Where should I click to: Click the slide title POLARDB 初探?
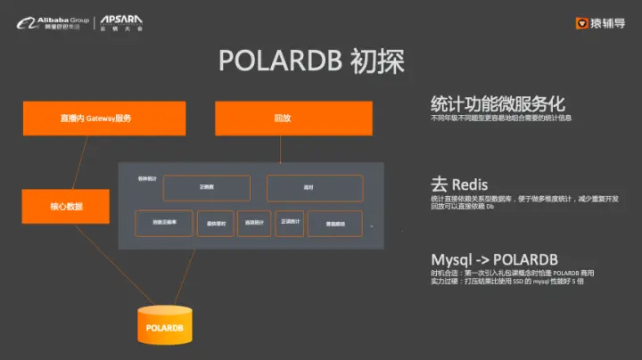pyautogui.click(x=311, y=61)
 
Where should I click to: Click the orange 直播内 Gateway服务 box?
pyautogui.click(x=104, y=119)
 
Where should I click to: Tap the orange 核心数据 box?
pyautogui.click(x=66, y=206)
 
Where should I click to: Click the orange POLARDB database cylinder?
pyautogui.click(x=165, y=326)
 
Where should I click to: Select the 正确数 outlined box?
pyautogui.click(x=208, y=188)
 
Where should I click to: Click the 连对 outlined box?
pyautogui.click(x=315, y=188)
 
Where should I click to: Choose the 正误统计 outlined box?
pyautogui.click(x=289, y=222)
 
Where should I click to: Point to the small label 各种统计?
pyautogui.click(x=136, y=180)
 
